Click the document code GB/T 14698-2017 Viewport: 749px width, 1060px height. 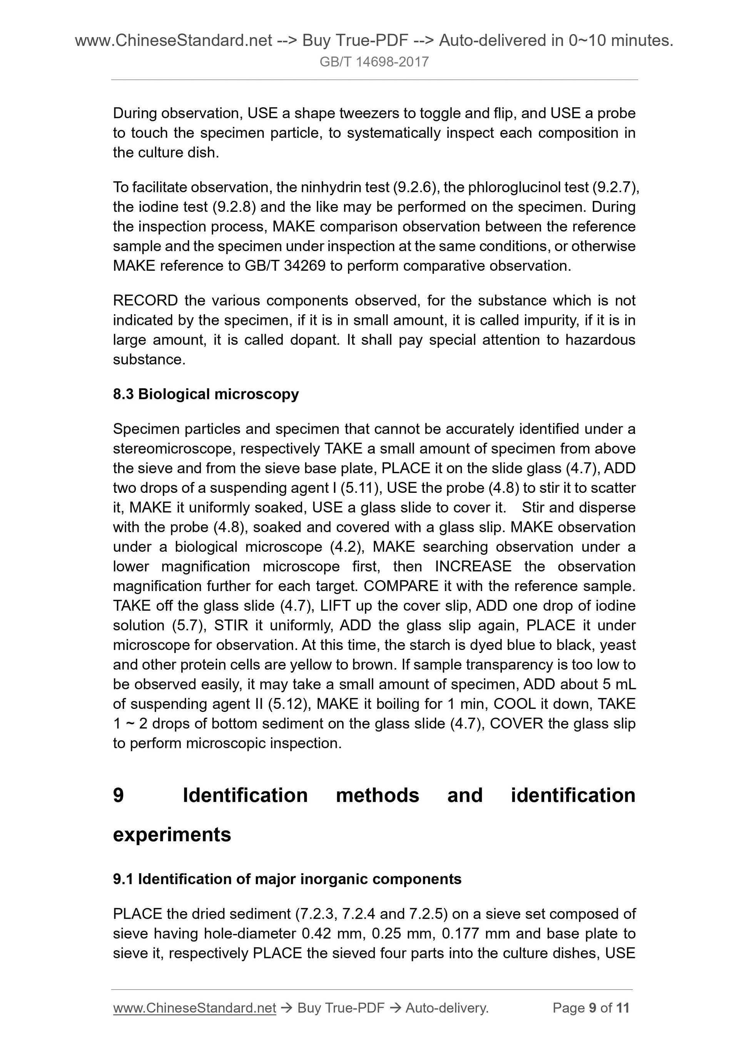[x=374, y=61]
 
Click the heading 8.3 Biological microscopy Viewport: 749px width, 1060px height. [x=206, y=394]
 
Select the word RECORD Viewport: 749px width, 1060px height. [x=145, y=301]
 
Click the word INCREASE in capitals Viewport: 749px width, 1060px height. [x=473, y=566]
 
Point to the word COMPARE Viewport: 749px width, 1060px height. [x=401, y=586]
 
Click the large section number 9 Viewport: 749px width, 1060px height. [x=119, y=795]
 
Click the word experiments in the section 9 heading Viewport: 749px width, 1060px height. [x=172, y=834]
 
